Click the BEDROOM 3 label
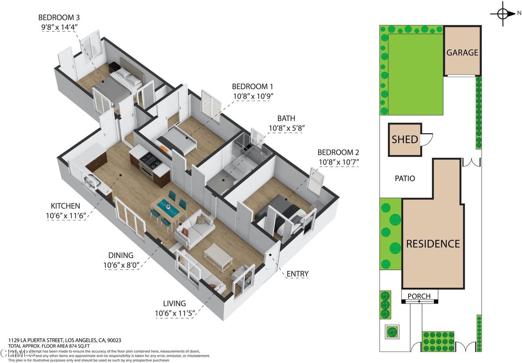(x=59, y=18)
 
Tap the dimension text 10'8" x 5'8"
(x=287, y=128)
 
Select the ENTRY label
(x=297, y=274)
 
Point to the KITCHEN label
(x=65, y=206)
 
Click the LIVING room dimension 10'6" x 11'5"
(x=176, y=313)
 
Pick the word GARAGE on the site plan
(x=462, y=53)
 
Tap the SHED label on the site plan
(x=405, y=140)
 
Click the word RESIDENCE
(x=433, y=244)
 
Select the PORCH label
(x=419, y=296)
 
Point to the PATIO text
(x=405, y=178)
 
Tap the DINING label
(x=121, y=255)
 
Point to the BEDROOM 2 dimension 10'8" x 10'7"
(x=338, y=162)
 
